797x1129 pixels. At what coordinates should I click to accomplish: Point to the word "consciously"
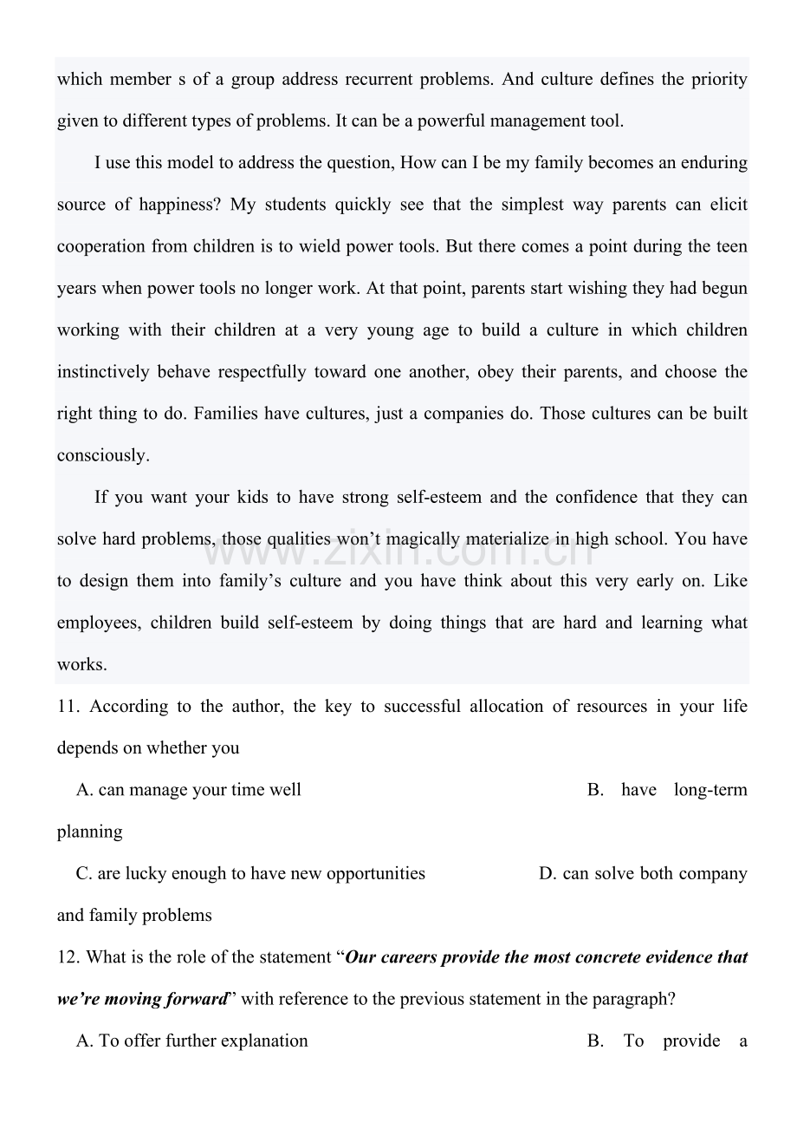[102, 456]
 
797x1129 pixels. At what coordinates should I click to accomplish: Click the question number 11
[68, 707]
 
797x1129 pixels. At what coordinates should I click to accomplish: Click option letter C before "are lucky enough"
[83, 874]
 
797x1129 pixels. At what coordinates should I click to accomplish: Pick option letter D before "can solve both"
[547, 874]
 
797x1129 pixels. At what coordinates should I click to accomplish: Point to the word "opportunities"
[375, 874]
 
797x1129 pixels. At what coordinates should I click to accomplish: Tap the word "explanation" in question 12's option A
[264, 1041]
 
